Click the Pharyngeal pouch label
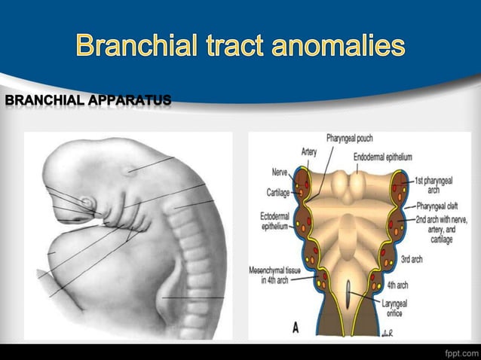(349, 139)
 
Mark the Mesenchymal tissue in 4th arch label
(271, 276)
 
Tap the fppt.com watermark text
(461, 351)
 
